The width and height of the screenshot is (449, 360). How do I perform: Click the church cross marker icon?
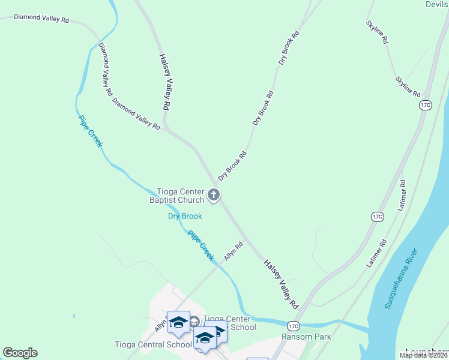pyautogui.click(x=214, y=194)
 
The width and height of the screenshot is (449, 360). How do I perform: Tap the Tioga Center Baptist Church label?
pyautogui.click(x=176, y=196)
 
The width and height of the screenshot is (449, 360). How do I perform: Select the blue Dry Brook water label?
pyautogui.click(x=184, y=216)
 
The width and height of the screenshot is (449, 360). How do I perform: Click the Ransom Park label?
pyautogui.click(x=306, y=337)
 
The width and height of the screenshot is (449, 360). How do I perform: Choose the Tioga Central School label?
pyautogui.click(x=153, y=344)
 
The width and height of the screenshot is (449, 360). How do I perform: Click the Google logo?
pyautogui.click(x=20, y=353)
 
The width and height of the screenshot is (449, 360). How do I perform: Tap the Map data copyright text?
pyautogui.click(x=424, y=355)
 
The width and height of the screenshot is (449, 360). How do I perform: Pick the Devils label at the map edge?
pyautogui.click(x=436, y=4)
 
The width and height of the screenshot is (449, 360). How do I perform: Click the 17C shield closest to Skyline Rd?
pyautogui.click(x=426, y=105)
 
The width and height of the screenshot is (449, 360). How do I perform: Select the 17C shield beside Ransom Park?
pyautogui.click(x=293, y=326)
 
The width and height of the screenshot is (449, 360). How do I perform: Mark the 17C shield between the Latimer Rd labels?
pyautogui.click(x=377, y=216)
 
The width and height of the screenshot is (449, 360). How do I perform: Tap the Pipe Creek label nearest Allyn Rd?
pyautogui.click(x=201, y=245)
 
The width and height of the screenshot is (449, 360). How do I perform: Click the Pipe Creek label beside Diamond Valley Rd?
pyautogui.click(x=91, y=131)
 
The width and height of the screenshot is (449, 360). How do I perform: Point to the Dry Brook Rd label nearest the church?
pyautogui.click(x=232, y=166)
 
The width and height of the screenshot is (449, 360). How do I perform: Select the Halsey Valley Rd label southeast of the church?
pyautogui.click(x=281, y=284)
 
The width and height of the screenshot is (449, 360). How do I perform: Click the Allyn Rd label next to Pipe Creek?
pyautogui.click(x=234, y=250)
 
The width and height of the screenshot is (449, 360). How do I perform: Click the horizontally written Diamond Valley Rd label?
pyautogui.click(x=41, y=19)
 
